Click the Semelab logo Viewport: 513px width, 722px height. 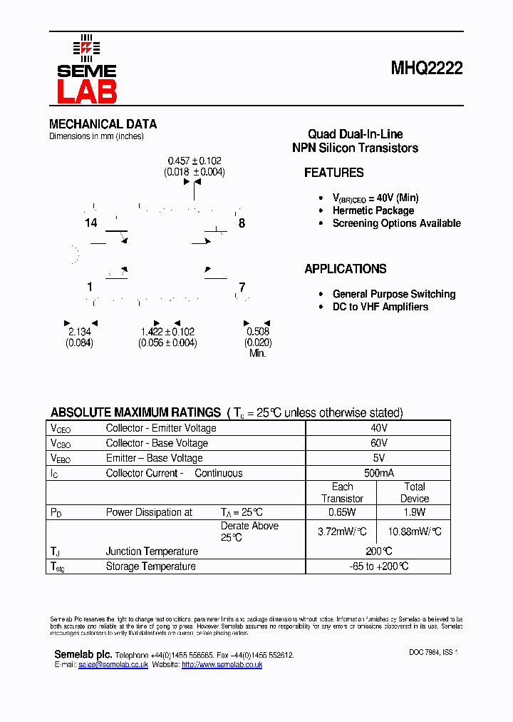[x=86, y=70]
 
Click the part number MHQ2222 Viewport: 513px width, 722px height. [x=426, y=68]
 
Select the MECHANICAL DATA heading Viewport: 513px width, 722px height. [x=103, y=124]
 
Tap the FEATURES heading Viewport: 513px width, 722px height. [x=333, y=173]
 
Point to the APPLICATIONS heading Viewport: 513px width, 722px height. [x=345, y=269]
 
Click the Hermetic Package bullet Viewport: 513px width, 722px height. [x=373, y=210]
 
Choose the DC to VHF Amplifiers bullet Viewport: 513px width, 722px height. [x=380, y=307]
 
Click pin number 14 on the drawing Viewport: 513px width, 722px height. [x=90, y=223]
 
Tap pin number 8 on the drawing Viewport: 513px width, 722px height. [x=242, y=223]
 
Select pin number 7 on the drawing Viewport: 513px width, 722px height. [x=242, y=288]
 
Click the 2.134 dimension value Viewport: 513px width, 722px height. [x=80, y=332]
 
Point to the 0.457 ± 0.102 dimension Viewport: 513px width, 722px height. [x=195, y=161]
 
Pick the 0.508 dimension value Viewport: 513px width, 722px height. [x=258, y=332]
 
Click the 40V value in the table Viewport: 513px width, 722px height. [x=378, y=428]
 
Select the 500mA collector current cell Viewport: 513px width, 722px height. [x=378, y=473]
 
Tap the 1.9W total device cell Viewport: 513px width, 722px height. [x=414, y=512]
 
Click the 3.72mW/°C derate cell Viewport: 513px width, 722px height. [x=342, y=532]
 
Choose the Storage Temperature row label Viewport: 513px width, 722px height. [x=150, y=566]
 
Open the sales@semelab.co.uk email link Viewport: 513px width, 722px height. [x=113, y=664]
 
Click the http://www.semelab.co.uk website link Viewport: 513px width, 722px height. [x=222, y=664]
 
